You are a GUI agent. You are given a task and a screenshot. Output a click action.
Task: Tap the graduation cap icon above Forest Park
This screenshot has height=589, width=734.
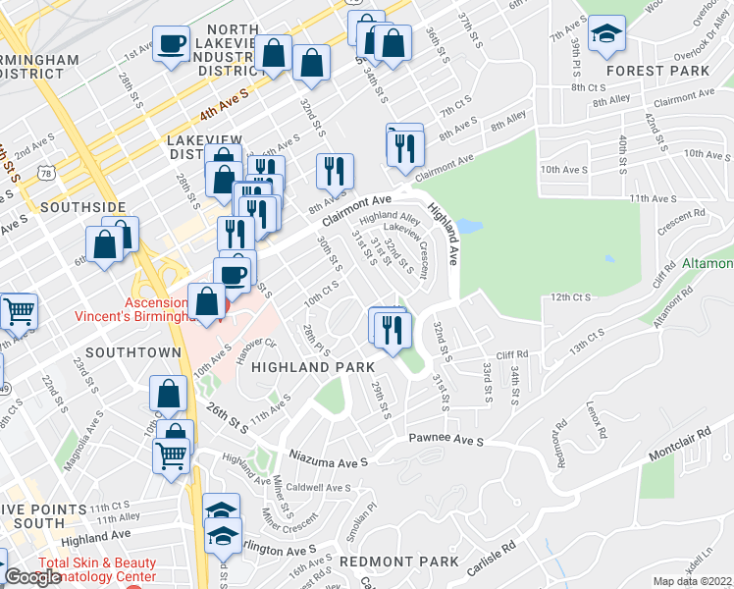click(x=608, y=35)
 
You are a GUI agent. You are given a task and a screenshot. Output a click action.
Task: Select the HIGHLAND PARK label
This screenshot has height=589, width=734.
click(x=314, y=366)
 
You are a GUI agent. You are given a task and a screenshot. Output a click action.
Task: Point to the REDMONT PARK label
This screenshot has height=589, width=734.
click(x=398, y=562)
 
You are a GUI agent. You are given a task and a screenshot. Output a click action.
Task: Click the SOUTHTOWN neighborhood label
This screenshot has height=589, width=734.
click(x=132, y=351)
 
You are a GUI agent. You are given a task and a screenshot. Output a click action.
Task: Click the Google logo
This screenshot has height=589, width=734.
click(x=32, y=577)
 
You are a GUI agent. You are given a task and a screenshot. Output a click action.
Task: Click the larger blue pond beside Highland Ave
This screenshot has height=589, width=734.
click(x=469, y=227)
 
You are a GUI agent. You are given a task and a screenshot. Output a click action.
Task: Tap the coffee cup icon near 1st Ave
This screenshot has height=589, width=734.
click(x=172, y=46)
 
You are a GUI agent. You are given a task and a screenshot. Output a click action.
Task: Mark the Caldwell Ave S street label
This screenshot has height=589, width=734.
click(x=319, y=488)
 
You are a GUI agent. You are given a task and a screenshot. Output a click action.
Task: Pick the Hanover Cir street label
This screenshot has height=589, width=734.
click(x=257, y=351)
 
